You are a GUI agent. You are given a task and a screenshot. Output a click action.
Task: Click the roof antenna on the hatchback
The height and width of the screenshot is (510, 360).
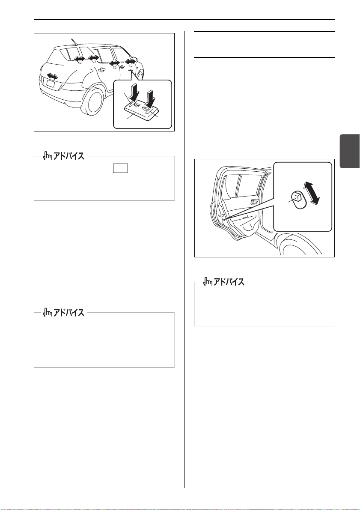[74, 41]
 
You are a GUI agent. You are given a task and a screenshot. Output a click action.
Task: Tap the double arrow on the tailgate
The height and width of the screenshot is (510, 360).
[52, 76]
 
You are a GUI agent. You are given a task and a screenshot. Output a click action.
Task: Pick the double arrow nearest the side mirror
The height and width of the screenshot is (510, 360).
[130, 62]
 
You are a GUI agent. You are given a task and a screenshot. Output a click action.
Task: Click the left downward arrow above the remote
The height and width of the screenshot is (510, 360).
[133, 92]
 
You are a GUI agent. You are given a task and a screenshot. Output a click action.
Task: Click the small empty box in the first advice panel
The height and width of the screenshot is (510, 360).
[121, 168]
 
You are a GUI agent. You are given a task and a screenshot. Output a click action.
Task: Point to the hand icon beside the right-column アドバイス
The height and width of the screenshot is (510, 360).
[208, 282]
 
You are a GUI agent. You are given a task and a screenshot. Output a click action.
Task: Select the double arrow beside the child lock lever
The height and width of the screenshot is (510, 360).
[312, 193]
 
